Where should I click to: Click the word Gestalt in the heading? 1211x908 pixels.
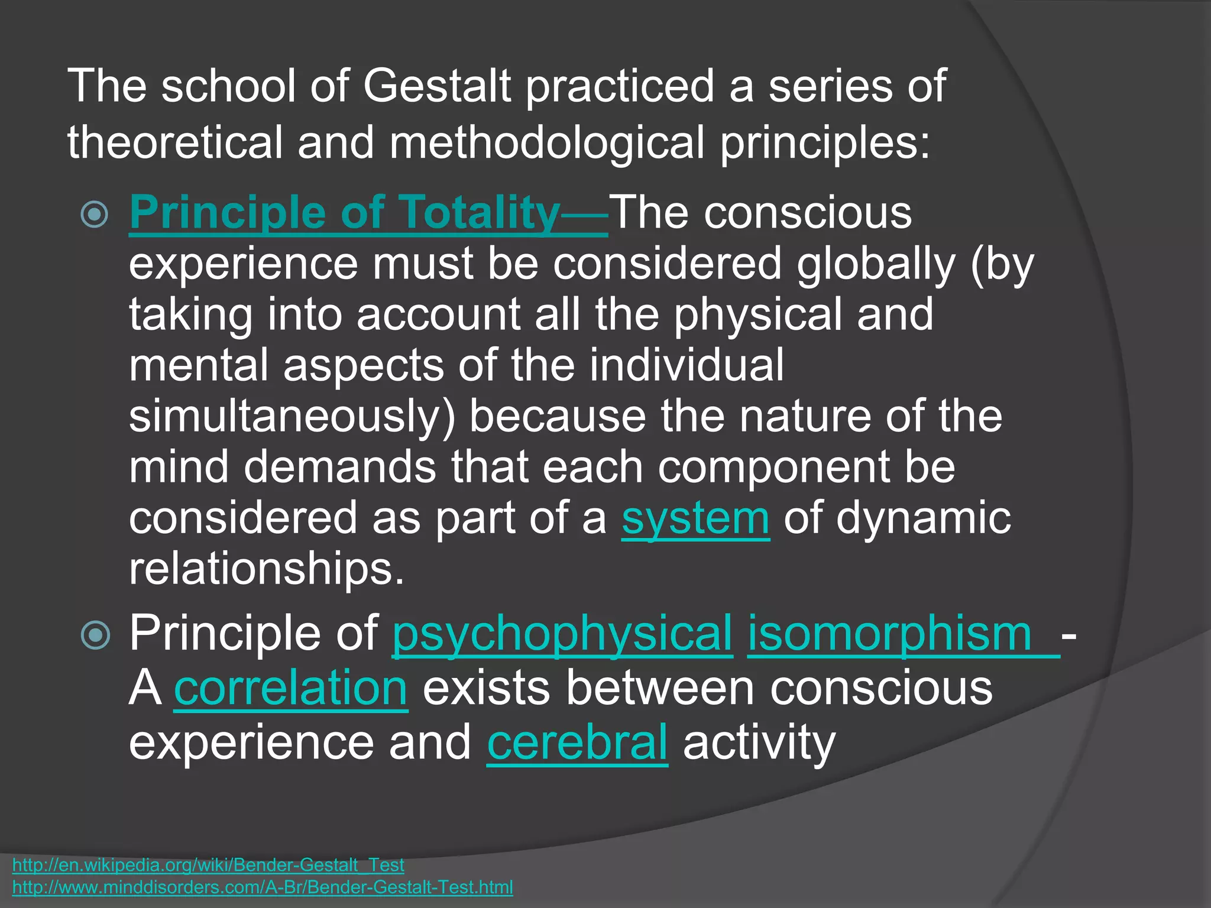tap(436, 86)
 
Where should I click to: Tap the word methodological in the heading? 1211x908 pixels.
tap(546, 143)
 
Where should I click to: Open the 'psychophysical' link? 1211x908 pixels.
tap(562, 634)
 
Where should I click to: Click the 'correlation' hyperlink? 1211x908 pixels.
tap(291, 689)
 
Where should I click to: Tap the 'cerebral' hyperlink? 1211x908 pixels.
tap(577, 743)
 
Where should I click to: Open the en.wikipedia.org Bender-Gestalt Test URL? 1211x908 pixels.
tap(208, 865)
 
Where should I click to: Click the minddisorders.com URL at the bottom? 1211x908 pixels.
tap(263, 887)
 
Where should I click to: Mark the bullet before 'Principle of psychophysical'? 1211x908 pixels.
tap(95, 635)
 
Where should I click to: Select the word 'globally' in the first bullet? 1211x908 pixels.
tap(876, 264)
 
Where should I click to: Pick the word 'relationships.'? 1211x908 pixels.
tap(267, 569)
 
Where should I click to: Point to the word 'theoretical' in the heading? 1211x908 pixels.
tap(175, 143)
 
